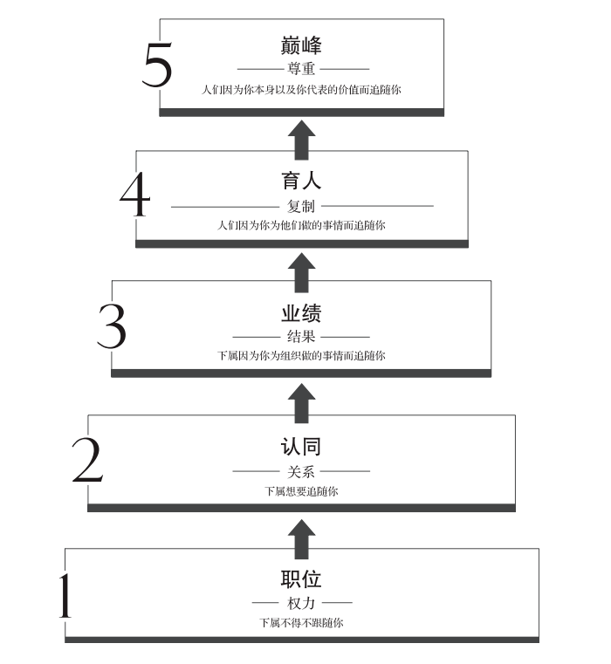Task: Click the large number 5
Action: (x=157, y=65)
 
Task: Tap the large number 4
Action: (x=135, y=195)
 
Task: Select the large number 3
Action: (x=112, y=326)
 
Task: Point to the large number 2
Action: (x=87, y=460)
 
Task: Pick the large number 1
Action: (x=65, y=595)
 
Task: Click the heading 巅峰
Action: (x=301, y=45)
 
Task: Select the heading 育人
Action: (x=301, y=181)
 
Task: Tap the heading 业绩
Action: (x=301, y=313)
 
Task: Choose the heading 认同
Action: (x=301, y=447)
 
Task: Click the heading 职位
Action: (x=301, y=578)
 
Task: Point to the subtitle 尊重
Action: (x=301, y=69)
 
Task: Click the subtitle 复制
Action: (x=301, y=206)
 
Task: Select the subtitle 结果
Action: (x=301, y=337)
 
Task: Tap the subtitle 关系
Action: (x=301, y=471)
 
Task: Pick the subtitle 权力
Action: (x=301, y=603)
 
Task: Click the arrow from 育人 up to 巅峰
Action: (x=302, y=140)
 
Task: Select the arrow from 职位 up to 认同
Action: (x=302, y=539)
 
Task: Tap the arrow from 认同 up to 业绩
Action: (x=302, y=403)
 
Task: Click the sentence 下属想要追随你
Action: (x=301, y=491)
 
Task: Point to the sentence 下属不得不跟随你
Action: (x=301, y=622)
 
